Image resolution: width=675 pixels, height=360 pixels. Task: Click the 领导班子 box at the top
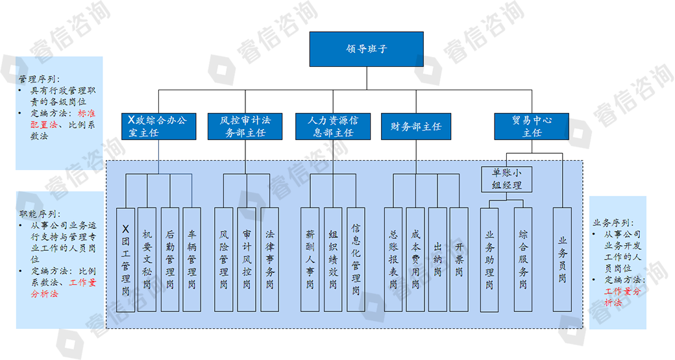(366, 49)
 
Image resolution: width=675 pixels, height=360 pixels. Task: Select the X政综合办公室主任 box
(158, 126)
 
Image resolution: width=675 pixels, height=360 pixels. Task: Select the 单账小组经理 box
(508, 179)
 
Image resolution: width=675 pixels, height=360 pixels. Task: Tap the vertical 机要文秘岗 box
(148, 258)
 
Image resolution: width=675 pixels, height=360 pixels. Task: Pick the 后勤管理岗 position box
(170, 258)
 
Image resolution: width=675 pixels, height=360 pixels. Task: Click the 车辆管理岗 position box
(192, 258)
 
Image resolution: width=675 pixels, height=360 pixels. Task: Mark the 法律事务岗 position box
(269, 258)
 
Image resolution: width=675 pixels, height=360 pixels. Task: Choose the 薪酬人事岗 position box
(310, 258)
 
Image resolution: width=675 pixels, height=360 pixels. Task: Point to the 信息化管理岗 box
(356, 258)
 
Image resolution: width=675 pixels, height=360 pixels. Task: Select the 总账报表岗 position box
(393, 258)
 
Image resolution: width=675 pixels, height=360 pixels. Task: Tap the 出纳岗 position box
(437, 258)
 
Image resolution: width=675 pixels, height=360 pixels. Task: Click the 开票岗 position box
(459, 258)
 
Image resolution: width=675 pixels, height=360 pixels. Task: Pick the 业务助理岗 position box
(489, 258)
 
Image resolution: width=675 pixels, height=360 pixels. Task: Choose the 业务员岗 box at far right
(562, 258)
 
